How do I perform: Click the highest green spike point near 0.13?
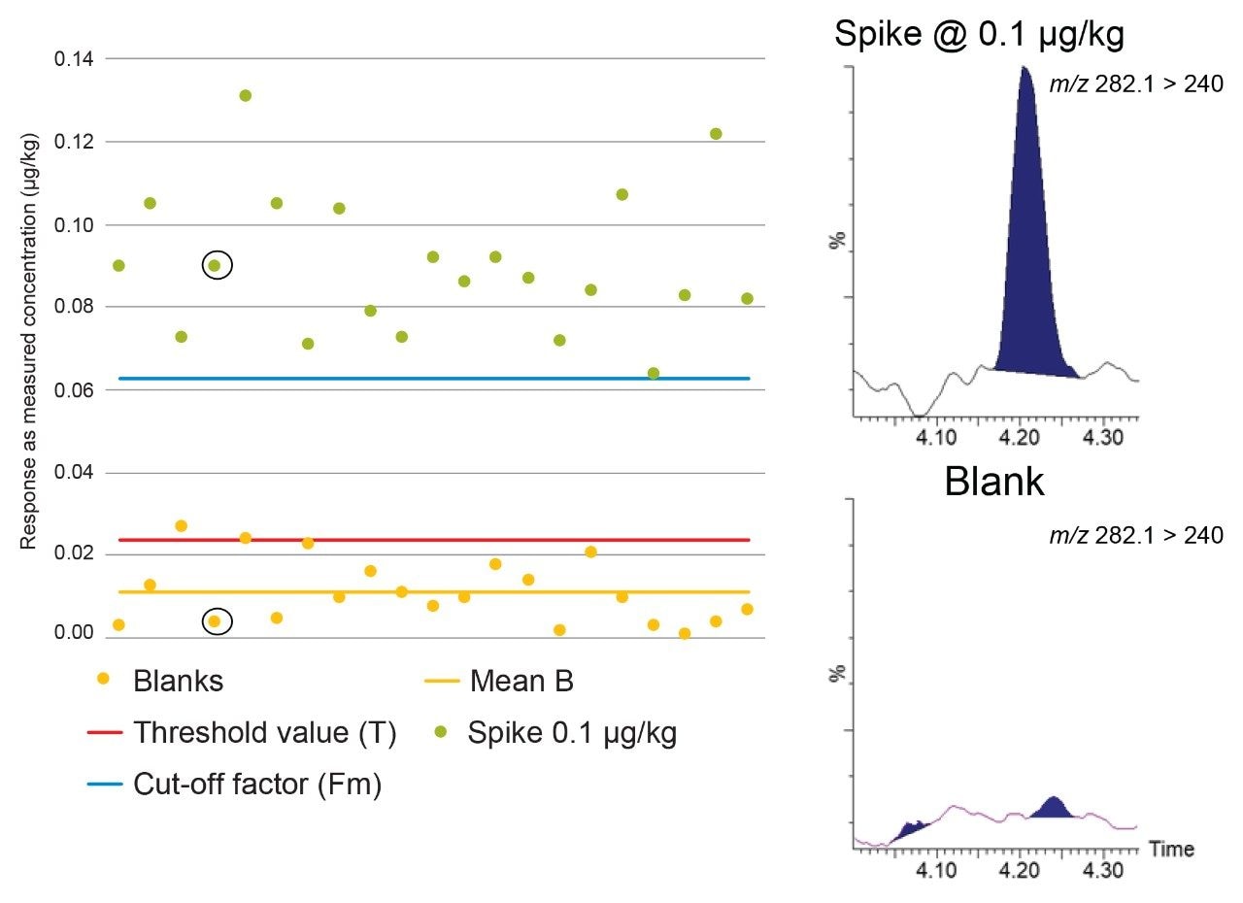click(246, 95)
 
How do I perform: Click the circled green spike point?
click(215, 265)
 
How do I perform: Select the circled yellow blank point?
click(215, 621)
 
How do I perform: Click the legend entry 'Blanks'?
click(178, 681)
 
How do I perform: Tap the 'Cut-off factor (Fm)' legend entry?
click(256, 785)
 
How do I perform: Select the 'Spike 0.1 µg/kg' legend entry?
click(571, 733)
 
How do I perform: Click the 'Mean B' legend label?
click(521, 681)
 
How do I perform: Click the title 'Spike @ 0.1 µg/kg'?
click(979, 35)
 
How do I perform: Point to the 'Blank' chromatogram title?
click(993, 482)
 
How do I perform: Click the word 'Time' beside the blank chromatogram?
click(1171, 850)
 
